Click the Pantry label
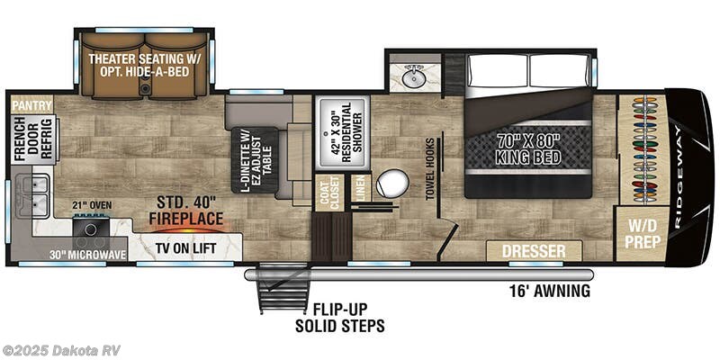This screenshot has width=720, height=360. point(31,105)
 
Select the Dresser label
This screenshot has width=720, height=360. point(534,251)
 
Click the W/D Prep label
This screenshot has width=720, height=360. point(641,234)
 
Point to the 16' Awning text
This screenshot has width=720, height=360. point(548,291)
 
